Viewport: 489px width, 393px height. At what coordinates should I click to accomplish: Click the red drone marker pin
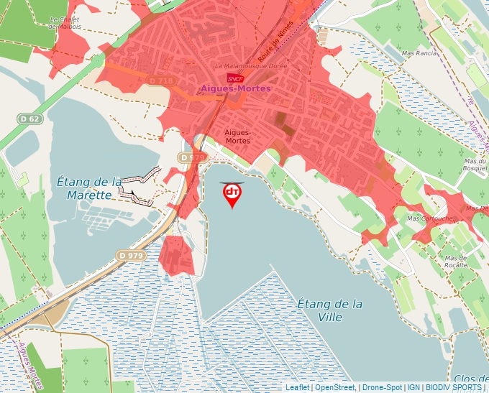tap(232, 194)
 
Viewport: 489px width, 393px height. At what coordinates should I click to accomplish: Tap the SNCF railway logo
tap(234, 78)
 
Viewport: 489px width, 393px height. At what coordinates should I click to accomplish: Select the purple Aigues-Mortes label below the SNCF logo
tap(235, 88)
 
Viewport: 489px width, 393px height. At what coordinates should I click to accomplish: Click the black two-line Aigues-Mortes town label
tap(237, 137)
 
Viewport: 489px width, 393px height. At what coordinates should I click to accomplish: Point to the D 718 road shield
tap(161, 81)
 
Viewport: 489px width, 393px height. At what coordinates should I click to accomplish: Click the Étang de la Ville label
tap(329, 310)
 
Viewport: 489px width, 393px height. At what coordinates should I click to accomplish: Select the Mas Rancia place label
tap(419, 53)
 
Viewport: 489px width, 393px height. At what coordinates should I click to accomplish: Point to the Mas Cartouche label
tap(430, 218)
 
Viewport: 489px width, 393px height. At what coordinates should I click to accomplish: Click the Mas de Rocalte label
tap(455, 262)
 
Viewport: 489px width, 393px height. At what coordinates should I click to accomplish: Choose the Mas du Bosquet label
tap(475, 165)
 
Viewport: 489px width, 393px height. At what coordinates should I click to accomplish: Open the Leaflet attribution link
tap(298, 387)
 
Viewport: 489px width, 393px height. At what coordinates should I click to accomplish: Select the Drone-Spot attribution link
tap(382, 387)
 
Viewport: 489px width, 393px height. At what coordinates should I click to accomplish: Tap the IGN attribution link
tap(414, 387)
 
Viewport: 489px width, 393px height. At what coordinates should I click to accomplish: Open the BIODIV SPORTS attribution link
tap(453, 387)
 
